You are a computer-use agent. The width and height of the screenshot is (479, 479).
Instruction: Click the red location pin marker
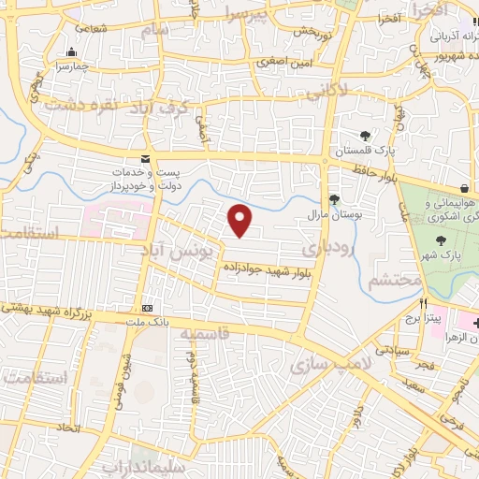(x=240, y=220)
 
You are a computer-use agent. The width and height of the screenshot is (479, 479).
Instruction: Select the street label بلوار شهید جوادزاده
(x=267, y=270)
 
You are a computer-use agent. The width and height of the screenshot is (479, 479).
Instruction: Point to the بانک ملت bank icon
(x=147, y=308)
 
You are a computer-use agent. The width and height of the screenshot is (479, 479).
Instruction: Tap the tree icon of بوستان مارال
(x=334, y=198)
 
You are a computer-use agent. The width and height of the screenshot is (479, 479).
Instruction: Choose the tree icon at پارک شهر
(x=441, y=241)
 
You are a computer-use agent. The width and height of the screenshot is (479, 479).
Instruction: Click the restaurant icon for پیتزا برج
(x=423, y=304)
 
